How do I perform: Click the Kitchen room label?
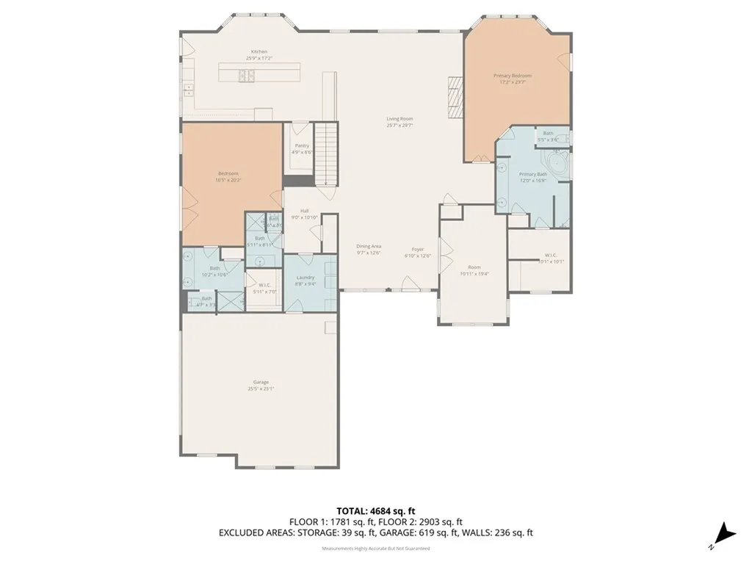pyautogui.click(x=255, y=51)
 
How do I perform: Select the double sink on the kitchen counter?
pyautogui.click(x=188, y=90)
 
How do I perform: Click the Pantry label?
pyautogui.click(x=302, y=145)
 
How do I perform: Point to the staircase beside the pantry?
pyautogui.click(x=325, y=153)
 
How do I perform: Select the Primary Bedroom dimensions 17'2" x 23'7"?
pyautogui.click(x=512, y=82)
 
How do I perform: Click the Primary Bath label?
pyautogui.click(x=532, y=173)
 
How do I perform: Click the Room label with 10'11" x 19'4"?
pyautogui.click(x=474, y=267)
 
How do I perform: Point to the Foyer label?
pyautogui.click(x=417, y=250)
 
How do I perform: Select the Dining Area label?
pyautogui.click(x=369, y=246)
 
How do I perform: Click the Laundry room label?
pyautogui.click(x=305, y=277)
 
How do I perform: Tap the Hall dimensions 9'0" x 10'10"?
pyautogui.click(x=304, y=217)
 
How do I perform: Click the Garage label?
pyautogui.click(x=261, y=382)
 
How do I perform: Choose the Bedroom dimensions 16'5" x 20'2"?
pyautogui.click(x=228, y=179)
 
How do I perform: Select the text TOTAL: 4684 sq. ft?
pyautogui.click(x=375, y=510)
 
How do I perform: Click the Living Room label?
pyautogui.click(x=400, y=118)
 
